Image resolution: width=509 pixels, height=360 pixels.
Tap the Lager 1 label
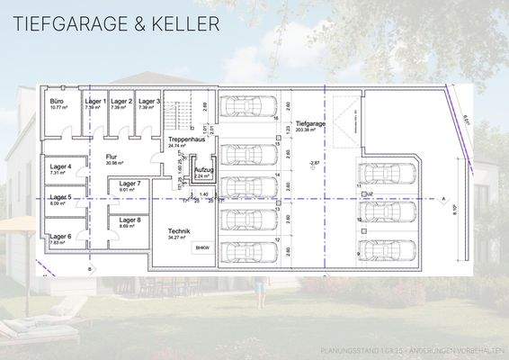pos(96,102)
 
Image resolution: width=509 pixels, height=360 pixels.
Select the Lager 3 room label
pos(149,102)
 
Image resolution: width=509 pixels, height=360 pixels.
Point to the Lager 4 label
pos(61,167)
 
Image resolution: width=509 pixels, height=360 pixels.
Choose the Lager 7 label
pos(130,184)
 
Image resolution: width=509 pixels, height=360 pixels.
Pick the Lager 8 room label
pos(130,220)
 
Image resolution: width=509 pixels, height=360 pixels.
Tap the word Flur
pos(112,157)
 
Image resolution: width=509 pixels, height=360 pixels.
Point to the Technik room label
pos(179,230)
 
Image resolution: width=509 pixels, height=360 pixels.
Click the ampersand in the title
pos(134,23)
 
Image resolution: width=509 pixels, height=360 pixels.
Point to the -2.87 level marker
pos(314,163)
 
